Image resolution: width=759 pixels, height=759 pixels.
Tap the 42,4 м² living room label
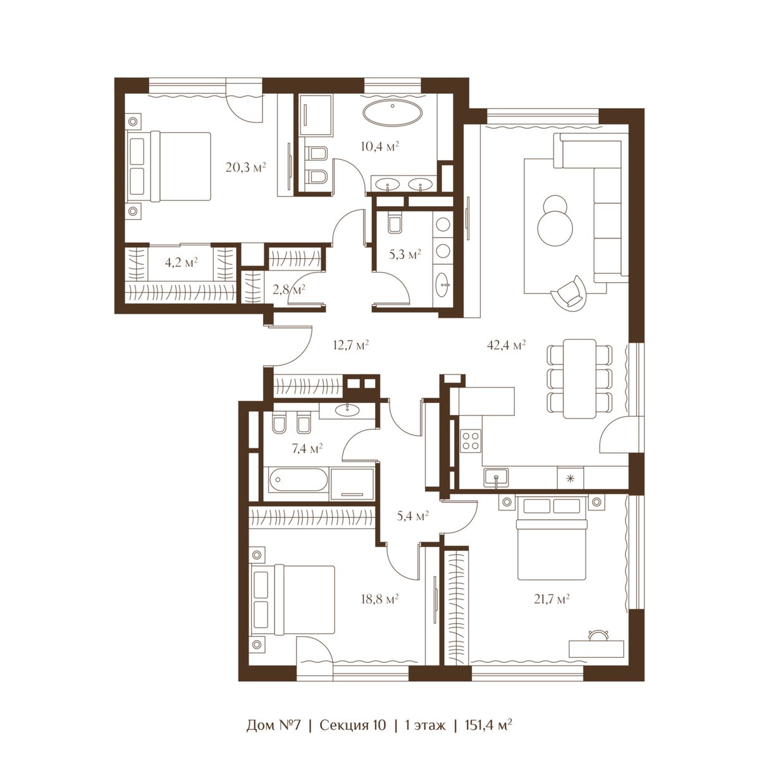(x=507, y=345)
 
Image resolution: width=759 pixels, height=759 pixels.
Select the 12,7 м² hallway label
(x=350, y=345)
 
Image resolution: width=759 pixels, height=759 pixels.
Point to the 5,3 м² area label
(x=405, y=254)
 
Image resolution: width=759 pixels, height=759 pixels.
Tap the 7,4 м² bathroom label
(x=307, y=448)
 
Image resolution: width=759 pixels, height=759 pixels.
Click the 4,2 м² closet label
(x=181, y=262)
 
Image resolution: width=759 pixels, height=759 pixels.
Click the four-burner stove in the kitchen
(x=471, y=441)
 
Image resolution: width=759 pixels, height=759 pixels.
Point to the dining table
(x=579, y=378)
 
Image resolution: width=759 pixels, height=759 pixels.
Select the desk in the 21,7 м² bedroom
(x=596, y=648)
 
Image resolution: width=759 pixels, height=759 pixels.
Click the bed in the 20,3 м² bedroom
(x=169, y=167)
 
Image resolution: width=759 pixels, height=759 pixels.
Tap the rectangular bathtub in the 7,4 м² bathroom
(x=298, y=479)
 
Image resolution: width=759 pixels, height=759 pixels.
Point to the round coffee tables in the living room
(x=555, y=221)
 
